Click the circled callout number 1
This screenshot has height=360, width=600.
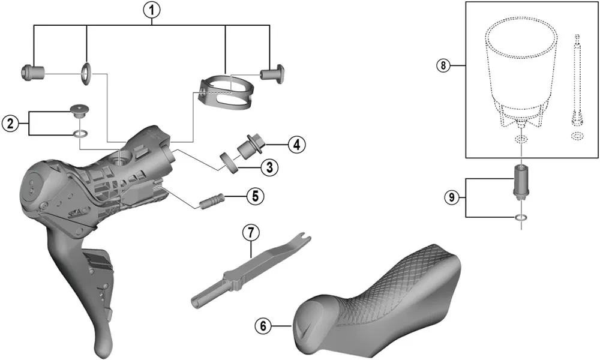(x=152, y=10)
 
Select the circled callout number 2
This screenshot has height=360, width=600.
(x=9, y=124)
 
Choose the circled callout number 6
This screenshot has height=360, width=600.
(x=261, y=326)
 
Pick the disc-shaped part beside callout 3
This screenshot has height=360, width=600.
(x=229, y=162)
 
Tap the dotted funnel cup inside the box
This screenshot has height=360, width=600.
(x=518, y=72)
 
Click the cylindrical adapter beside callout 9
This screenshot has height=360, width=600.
(x=520, y=181)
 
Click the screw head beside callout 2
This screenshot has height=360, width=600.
(x=79, y=110)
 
